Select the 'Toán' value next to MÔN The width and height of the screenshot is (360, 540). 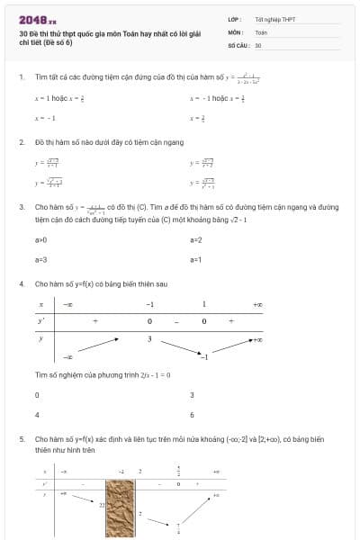click(261, 31)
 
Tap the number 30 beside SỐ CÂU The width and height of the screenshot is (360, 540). click(258, 44)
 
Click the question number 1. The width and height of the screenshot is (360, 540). click(21, 76)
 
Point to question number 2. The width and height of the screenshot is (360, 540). click(21, 141)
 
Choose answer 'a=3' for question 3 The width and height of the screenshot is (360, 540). click(40, 259)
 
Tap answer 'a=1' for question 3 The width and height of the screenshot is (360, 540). click(196, 259)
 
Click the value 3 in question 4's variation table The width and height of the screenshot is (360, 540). click(150, 338)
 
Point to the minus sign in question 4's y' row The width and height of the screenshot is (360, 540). click(176, 321)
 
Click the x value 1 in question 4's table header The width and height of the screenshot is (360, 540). click(203, 304)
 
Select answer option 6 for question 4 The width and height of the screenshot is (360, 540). click(192, 415)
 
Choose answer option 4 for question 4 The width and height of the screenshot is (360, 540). click(37, 415)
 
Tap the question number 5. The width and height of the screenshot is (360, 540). click(21, 438)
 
